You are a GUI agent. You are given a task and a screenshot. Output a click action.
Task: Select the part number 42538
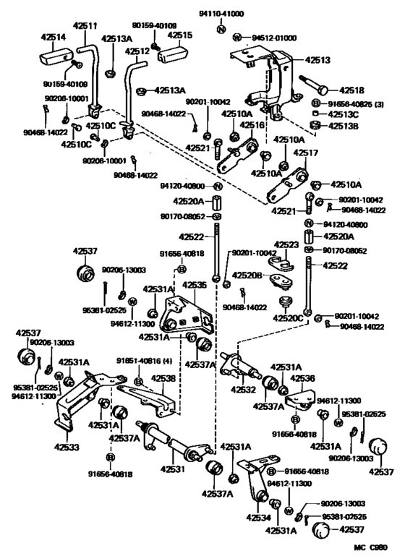(161, 377)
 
